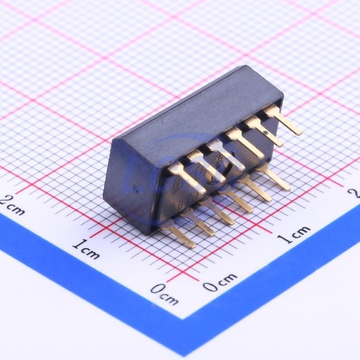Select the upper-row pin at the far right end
[283, 120]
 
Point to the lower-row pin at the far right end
[274, 177]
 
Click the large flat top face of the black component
[198, 113]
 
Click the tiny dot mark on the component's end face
[137, 190]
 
